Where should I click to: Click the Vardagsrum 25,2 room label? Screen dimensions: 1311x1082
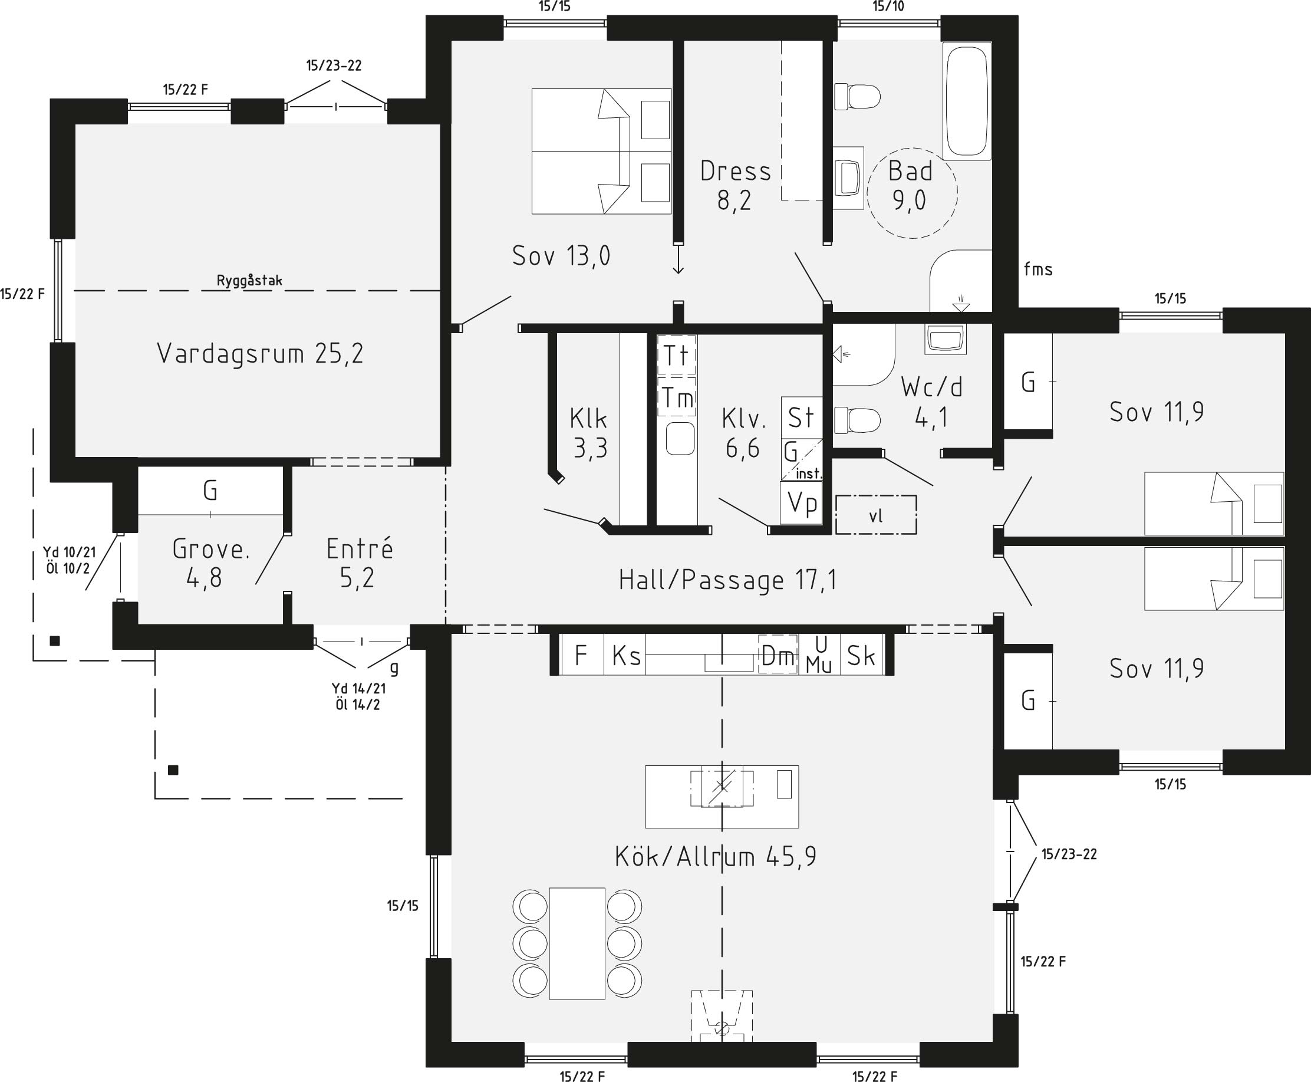(x=260, y=353)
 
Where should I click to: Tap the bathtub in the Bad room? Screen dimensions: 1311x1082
(x=966, y=101)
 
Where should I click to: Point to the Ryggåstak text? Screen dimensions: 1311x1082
(x=249, y=281)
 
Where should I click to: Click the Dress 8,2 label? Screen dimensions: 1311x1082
(x=735, y=186)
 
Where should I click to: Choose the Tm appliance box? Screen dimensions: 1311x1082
(x=677, y=397)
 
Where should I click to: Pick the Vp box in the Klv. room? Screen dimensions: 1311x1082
(x=801, y=502)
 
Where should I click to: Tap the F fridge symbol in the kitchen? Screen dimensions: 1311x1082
(x=582, y=655)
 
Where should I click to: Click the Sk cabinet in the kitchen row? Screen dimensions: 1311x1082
(x=861, y=655)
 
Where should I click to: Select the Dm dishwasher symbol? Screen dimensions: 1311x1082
(x=778, y=655)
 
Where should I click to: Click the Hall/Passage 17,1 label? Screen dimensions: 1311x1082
(x=727, y=580)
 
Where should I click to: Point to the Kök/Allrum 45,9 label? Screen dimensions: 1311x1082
(x=715, y=857)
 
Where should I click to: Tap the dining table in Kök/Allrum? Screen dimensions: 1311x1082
(x=577, y=943)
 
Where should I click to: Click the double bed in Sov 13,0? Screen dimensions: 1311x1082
(x=601, y=152)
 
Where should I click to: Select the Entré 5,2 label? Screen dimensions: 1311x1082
(x=360, y=563)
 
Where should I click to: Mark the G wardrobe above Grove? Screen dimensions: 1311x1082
(x=210, y=491)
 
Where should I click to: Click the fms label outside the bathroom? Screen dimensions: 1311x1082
(x=1038, y=269)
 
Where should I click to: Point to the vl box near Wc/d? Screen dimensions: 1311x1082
(x=876, y=515)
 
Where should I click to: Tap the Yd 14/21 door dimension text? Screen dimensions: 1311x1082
(x=358, y=689)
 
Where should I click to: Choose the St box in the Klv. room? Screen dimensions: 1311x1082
(x=801, y=417)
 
